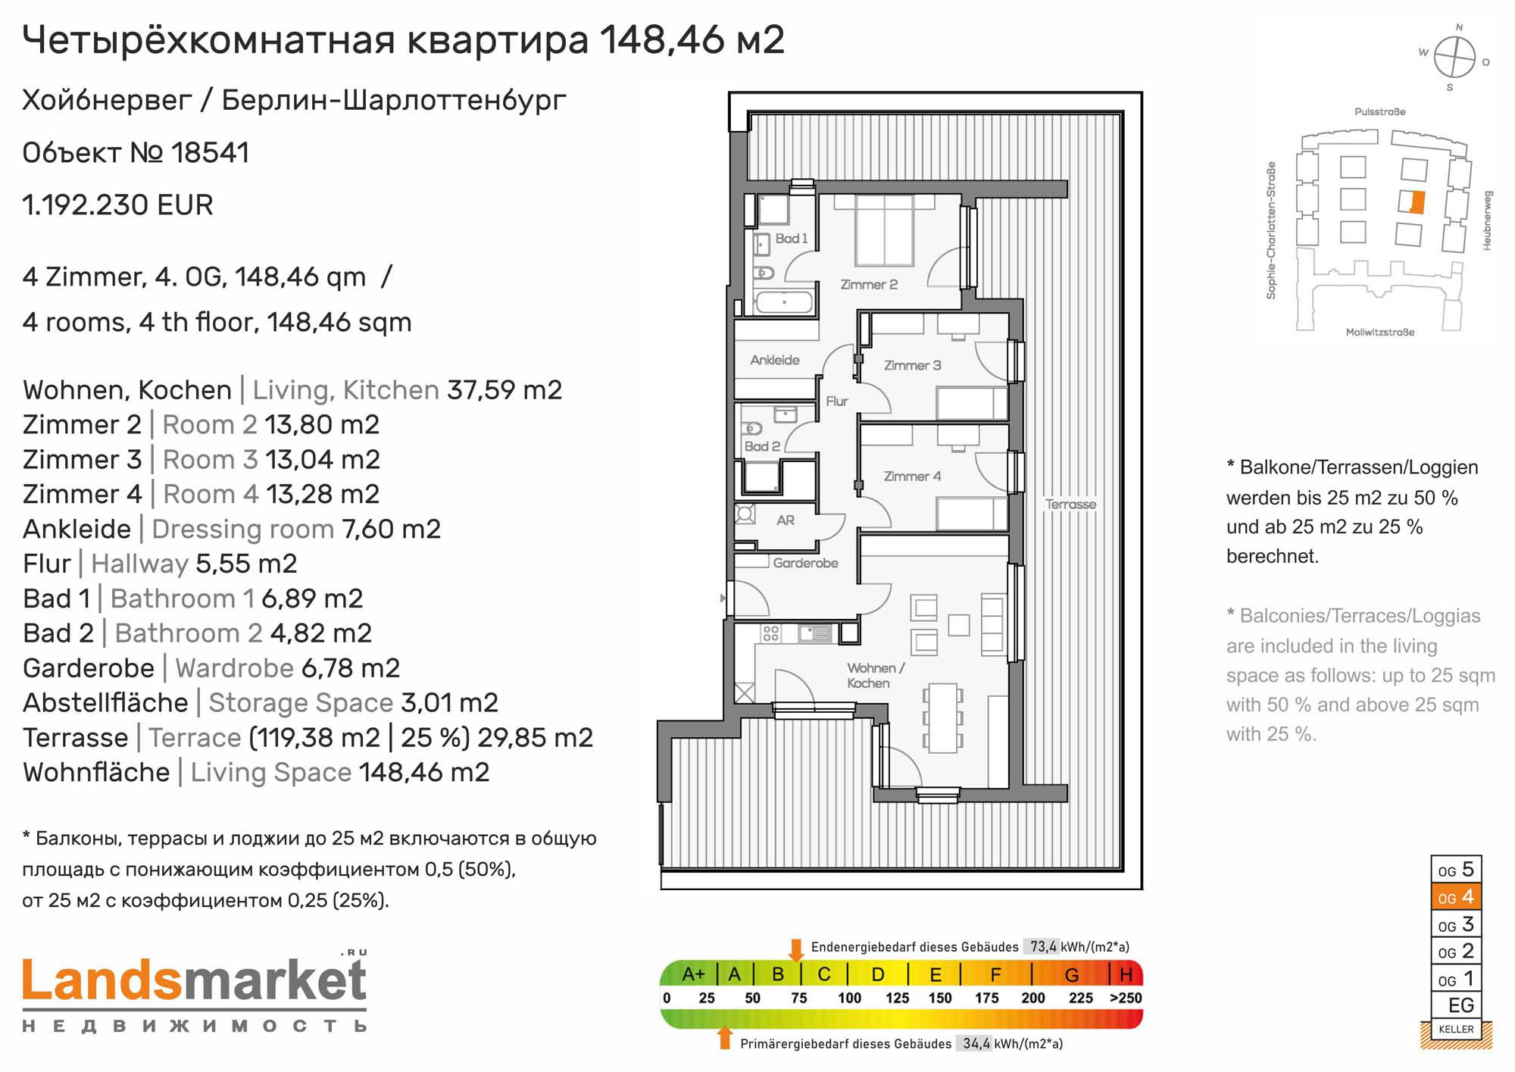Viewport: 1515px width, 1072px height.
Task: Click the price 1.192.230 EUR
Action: (x=118, y=205)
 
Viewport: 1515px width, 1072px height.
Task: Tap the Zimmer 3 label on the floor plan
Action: (x=912, y=365)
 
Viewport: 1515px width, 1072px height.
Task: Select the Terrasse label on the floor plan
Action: (x=1070, y=504)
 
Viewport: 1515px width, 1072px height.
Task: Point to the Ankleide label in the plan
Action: (x=775, y=360)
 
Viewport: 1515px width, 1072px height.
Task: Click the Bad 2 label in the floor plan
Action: (x=762, y=446)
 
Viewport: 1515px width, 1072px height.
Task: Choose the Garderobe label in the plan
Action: (x=805, y=563)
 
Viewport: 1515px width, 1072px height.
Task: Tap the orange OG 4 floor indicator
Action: (x=1456, y=897)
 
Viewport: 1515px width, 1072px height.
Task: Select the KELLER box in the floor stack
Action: (x=1456, y=1029)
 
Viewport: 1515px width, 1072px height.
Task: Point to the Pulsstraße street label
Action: (x=1379, y=111)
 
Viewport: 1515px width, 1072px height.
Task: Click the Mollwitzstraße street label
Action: (x=1379, y=332)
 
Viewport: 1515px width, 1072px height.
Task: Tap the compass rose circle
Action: (x=1454, y=57)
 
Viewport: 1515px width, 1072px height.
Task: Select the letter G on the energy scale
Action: (x=1072, y=974)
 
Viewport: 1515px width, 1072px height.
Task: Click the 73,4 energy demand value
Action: (x=1043, y=946)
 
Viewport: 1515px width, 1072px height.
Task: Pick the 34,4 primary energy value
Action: (x=976, y=1043)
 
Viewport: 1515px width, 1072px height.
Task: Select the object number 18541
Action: (x=210, y=153)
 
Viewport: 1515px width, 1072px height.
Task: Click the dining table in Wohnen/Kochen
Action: (x=942, y=718)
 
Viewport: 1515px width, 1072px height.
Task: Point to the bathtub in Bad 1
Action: (x=784, y=302)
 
